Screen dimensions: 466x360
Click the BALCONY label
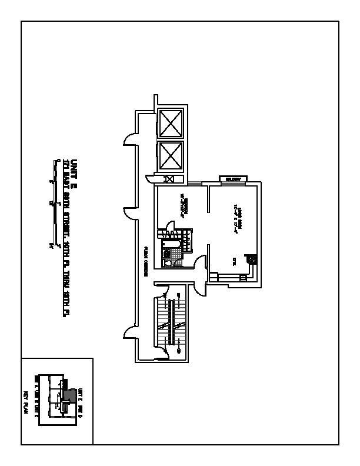pyautogui.click(x=234, y=179)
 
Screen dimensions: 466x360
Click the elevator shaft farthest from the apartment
pyautogui.click(x=171, y=123)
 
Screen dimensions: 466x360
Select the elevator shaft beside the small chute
pyautogui.click(x=171, y=156)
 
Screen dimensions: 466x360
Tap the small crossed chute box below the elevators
pyautogui.click(x=169, y=179)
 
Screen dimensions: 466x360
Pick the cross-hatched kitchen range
pyautogui.click(x=251, y=259)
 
